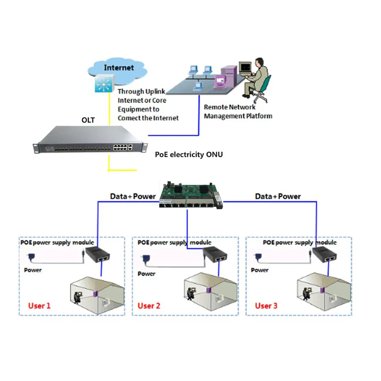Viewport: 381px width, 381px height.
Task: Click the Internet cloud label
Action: pyautogui.click(x=119, y=68)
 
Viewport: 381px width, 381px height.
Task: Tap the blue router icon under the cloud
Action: pyautogui.click(x=104, y=83)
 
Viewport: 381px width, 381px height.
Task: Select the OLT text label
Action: pyautogui.click(x=88, y=120)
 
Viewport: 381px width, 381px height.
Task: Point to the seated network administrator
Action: pyautogui.click(x=257, y=78)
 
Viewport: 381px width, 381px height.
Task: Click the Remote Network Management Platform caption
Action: pyautogui.click(x=238, y=112)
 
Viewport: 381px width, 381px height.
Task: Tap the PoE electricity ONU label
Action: pyautogui.click(x=189, y=155)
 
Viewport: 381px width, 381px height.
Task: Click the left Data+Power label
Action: pyautogui.click(x=133, y=197)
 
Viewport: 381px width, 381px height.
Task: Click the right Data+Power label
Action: pyautogui.click(x=278, y=197)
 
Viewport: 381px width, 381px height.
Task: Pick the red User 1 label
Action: pyautogui.click(x=39, y=306)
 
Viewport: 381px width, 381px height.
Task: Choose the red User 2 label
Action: pyautogui.click(x=149, y=306)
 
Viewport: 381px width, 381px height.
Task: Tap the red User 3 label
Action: pyautogui.click(x=266, y=306)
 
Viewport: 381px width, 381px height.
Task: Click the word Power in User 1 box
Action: pyautogui.click(x=33, y=270)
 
